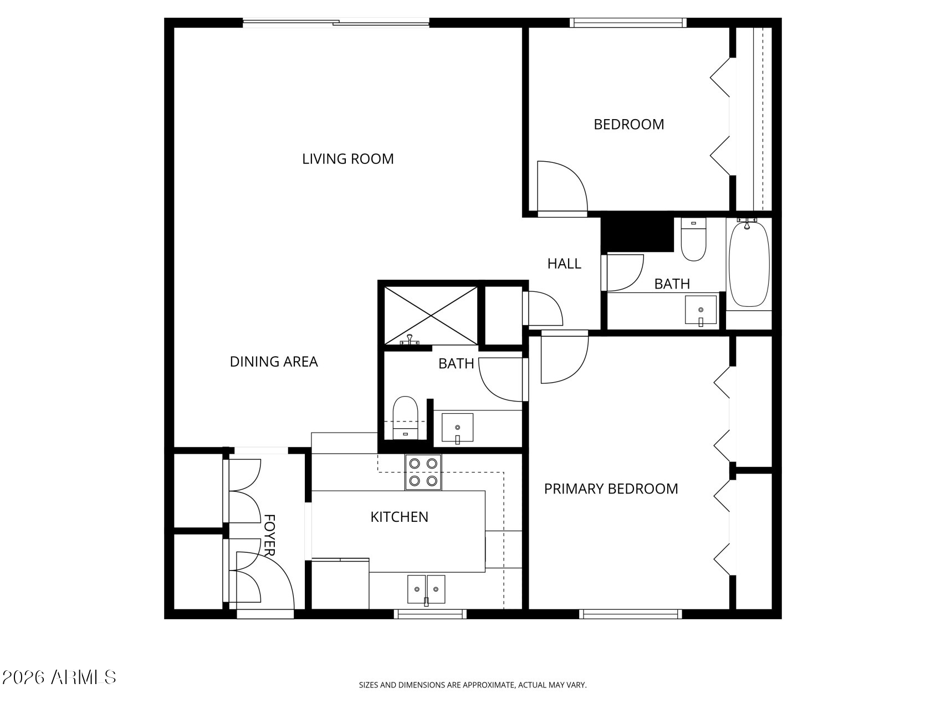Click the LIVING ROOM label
coord(347,159)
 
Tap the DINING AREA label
coord(274,362)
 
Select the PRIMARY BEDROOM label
coord(611,489)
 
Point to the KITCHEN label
coord(399,517)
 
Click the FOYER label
coord(270,535)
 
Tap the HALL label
coord(564,264)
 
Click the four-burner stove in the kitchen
coord(423,472)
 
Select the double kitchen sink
coord(426,589)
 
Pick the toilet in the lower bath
coord(405,417)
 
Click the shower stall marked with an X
coord(430,315)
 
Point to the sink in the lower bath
coord(457,428)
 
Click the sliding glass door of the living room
coord(336,23)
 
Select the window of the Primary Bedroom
coord(631,614)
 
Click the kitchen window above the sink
coord(430,614)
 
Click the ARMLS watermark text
coord(59,677)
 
